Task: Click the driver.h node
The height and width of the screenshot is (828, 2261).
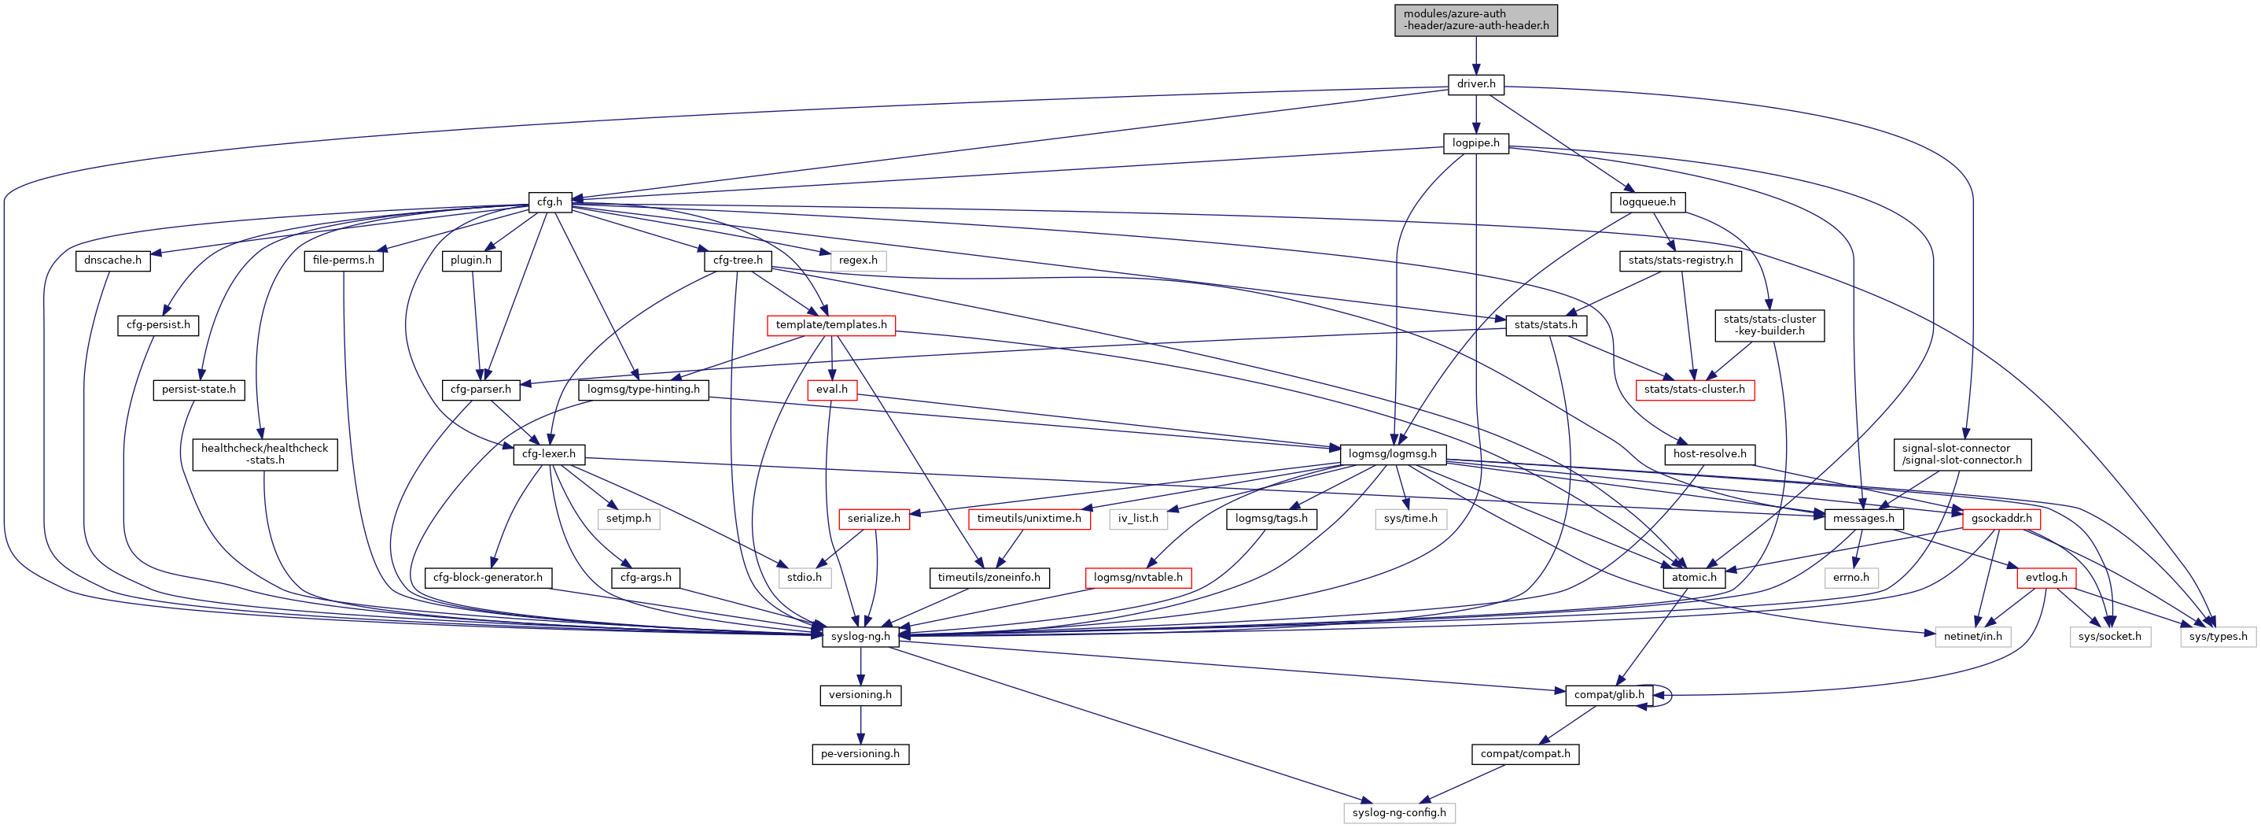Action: (x=1475, y=84)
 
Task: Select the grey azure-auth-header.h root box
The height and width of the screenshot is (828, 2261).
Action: (x=1475, y=20)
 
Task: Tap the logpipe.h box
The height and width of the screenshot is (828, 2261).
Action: (x=1475, y=143)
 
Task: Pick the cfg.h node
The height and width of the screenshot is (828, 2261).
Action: (x=550, y=202)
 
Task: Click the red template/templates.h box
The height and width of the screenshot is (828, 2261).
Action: (x=830, y=325)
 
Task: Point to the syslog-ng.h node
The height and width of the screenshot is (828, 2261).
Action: (x=860, y=637)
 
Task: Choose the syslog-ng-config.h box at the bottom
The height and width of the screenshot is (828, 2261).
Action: (x=1398, y=813)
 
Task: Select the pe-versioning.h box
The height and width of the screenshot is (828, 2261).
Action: (x=860, y=754)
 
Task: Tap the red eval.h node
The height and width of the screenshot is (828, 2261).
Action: (x=831, y=390)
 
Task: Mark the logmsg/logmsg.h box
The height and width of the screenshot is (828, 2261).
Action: (x=1392, y=454)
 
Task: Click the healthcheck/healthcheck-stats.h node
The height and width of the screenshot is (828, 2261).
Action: (x=264, y=454)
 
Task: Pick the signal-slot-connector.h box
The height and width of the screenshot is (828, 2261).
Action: (x=1961, y=454)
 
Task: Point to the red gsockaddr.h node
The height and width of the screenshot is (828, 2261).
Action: (x=2001, y=519)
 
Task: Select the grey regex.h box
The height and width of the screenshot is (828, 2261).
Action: (x=857, y=261)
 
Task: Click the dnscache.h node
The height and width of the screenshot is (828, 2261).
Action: (x=112, y=261)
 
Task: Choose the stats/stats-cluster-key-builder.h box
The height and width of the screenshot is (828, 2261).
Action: (x=1769, y=325)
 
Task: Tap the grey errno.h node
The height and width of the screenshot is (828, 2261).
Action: (x=1850, y=578)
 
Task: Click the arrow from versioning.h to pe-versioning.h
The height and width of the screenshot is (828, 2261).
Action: (x=860, y=724)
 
